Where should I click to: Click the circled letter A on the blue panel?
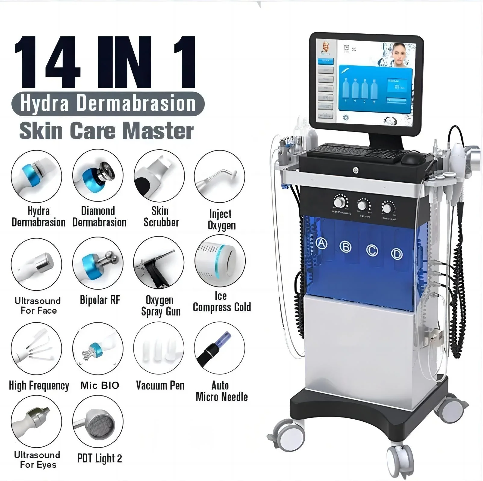(x=322, y=243)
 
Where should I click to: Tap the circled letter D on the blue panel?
(x=397, y=254)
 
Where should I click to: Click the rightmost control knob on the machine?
(x=387, y=208)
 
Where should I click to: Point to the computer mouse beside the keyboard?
(x=412, y=157)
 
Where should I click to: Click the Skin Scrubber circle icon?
(x=159, y=176)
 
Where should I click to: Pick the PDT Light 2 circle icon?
(x=98, y=422)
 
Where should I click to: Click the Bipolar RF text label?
(x=100, y=300)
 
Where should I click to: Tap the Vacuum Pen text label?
(x=160, y=385)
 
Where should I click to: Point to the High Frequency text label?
(x=39, y=386)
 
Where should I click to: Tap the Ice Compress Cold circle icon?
(x=220, y=261)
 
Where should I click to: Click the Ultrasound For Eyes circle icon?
(x=36, y=422)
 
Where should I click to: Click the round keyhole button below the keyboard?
(x=356, y=171)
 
